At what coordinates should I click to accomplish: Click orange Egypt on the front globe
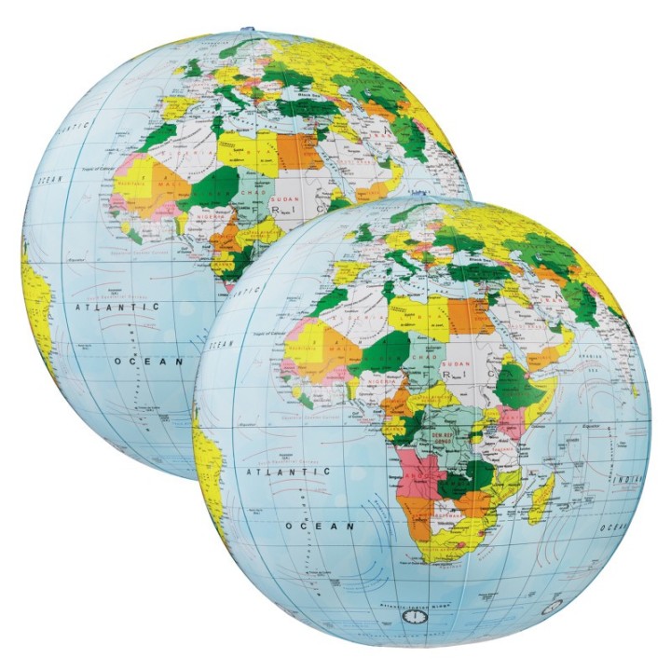tap(471, 314)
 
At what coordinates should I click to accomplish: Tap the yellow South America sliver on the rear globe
tap(36, 308)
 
